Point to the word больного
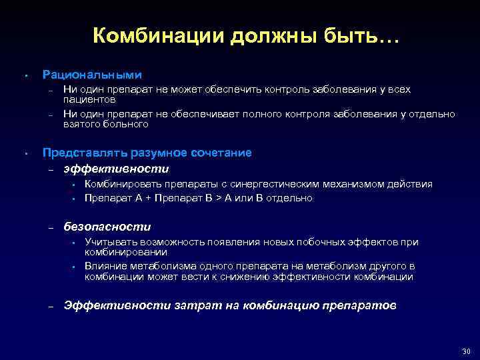click(x=125, y=124)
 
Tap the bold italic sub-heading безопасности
click(x=107, y=227)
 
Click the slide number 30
click(x=465, y=351)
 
